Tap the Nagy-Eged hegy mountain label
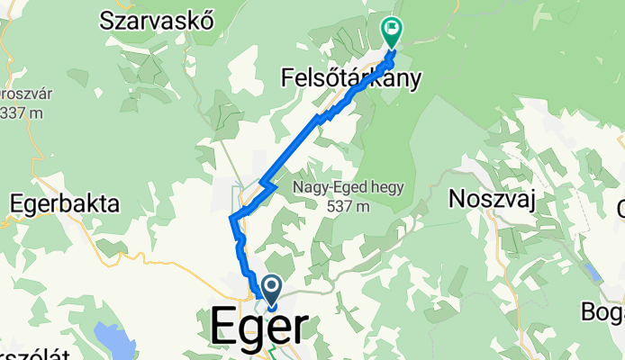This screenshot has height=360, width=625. point(348,188)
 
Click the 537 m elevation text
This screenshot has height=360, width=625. point(348,207)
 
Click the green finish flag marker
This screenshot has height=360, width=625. point(392,31)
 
